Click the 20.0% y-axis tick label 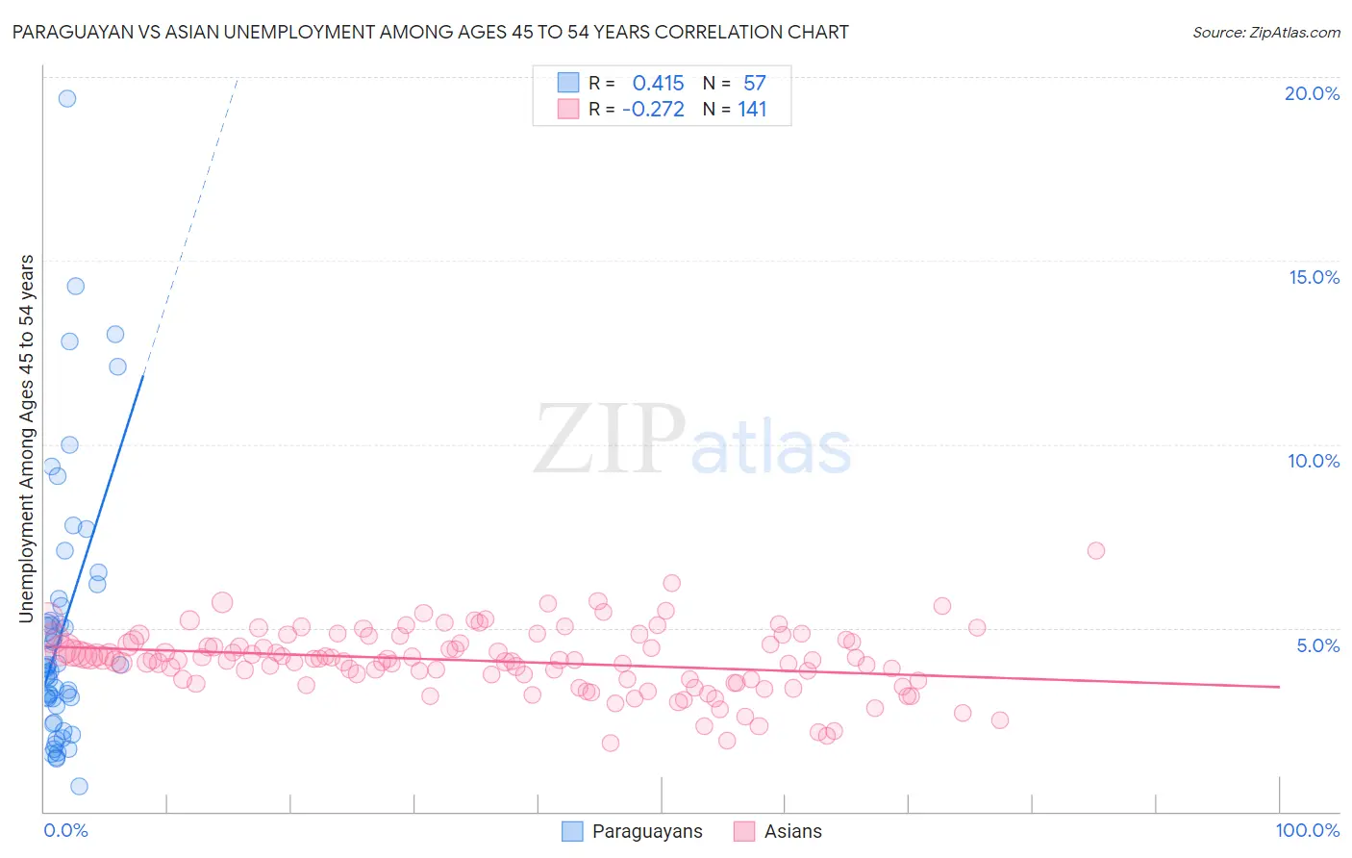pyautogui.click(x=1312, y=93)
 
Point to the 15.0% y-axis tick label pyautogui.click(x=1314, y=277)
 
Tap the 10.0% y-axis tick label pyautogui.click(x=1314, y=461)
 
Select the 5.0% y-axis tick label pyautogui.click(x=1317, y=645)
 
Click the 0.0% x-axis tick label pyautogui.click(x=65, y=830)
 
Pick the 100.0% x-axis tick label pyautogui.click(x=1307, y=830)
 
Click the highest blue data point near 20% pyautogui.click(x=66, y=98)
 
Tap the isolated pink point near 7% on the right pyautogui.click(x=1095, y=550)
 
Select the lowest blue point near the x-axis pyautogui.click(x=79, y=786)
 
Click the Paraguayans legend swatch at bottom pyautogui.click(x=572, y=831)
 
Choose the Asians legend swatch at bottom pyautogui.click(x=744, y=831)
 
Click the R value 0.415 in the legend pyautogui.click(x=658, y=83)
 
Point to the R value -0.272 pyautogui.click(x=653, y=110)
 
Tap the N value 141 pyautogui.click(x=752, y=110)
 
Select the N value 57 pyautogui.click(x=754, y=83)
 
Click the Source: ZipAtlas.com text pyautogui.click(x=1265, y=32)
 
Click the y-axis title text pyautogui.click(x=27, y=438)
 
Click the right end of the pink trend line pyautogui.click(x=1279, y=687)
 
